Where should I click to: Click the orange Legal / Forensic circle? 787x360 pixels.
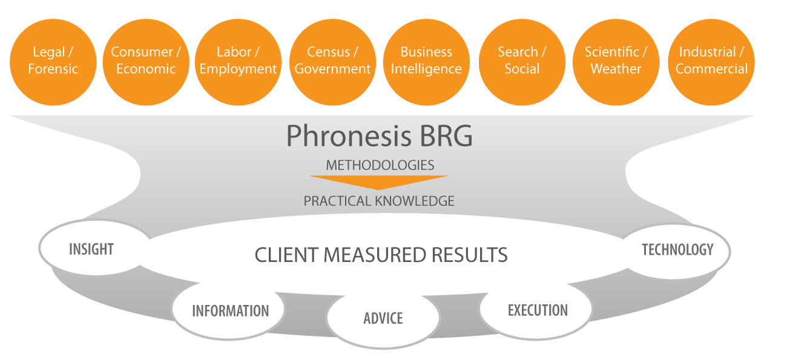[53, 61]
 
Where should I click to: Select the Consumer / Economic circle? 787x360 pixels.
[146, 61]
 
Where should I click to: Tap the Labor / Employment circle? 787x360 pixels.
[238, 61]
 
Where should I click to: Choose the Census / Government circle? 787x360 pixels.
[332, 61]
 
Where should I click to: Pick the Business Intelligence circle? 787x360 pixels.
[426, 61]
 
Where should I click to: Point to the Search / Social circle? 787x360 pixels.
[522, 61]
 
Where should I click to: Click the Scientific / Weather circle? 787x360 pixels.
[616, 61]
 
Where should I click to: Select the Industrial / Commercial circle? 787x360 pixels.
[711, 61]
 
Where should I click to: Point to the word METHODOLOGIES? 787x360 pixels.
[380, 165]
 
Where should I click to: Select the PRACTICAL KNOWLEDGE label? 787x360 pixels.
[379, 201]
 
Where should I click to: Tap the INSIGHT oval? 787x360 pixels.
[92, 249]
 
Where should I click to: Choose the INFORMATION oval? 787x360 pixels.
[230, 310]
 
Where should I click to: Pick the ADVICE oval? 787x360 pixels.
[383, 318]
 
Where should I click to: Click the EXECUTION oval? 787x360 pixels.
[537, 310]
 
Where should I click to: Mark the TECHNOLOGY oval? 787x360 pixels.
[677, 249]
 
